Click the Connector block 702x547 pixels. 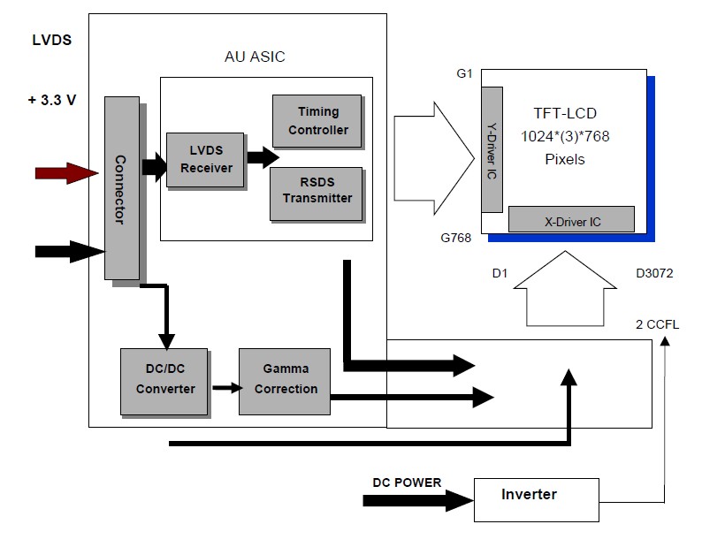(122, 187)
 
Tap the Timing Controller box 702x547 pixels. (317, 121)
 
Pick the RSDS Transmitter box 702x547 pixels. (317, 191)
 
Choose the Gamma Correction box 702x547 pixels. (284, 382)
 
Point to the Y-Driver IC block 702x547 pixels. (492, 149)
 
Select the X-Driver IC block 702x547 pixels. (571, 219)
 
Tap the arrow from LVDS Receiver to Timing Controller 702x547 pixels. (263, 158)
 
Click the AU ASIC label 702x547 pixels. (255, 57)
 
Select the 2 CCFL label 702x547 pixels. (657, 324)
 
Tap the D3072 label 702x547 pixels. (654, 273)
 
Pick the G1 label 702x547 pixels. (465, 73)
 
